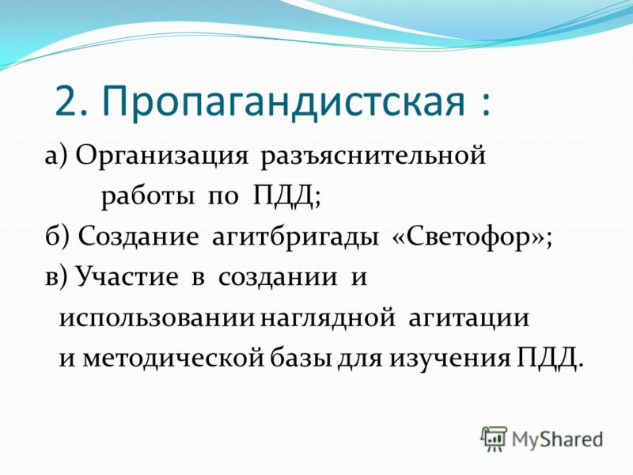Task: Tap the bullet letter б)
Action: pyautogui.click(x=57, y=236)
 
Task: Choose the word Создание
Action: pyautogui.click(x=138, y=236)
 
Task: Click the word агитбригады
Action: pyautogui.click(x=295, y=237)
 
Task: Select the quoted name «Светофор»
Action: pyautogui.click(x=468, y=237)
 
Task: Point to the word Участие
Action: pyautogui.click(x=127, y=276)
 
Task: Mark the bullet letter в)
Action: pyautogui.click(x=57, y=278)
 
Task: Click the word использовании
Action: pyautogui.click(x=157, y=318)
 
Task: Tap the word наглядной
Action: pyautogui.click(x=328, y=318)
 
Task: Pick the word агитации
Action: pyautogui.click(x=468, y=318)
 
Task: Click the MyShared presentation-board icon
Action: pyautogui.click(x=493, y=439)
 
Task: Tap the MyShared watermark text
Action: pyautogui.click(x=558, y=439)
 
